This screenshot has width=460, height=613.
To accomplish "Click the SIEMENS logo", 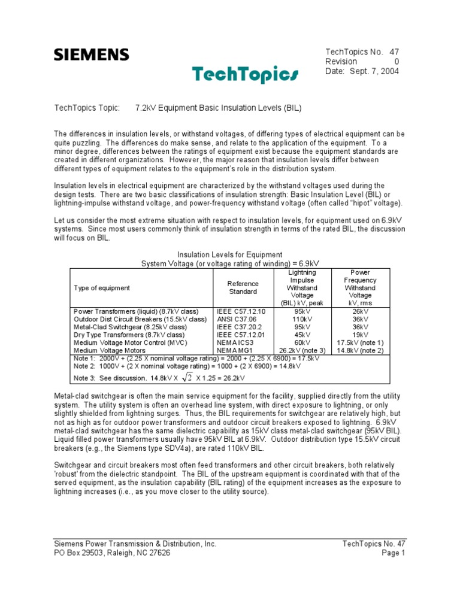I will point(91,55).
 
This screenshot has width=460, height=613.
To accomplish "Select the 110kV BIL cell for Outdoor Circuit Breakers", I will point(302,320).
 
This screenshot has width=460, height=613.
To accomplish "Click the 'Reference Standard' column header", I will point(243,287).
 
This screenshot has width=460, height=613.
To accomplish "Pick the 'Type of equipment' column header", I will point(102,288).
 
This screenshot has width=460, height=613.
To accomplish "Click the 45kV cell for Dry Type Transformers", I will point(302,335).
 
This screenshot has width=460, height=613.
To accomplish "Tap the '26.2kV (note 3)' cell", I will point(302,350).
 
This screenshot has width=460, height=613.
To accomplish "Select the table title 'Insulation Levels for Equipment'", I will point(230,255).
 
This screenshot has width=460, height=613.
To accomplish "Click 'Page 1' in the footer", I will point(393,553).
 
